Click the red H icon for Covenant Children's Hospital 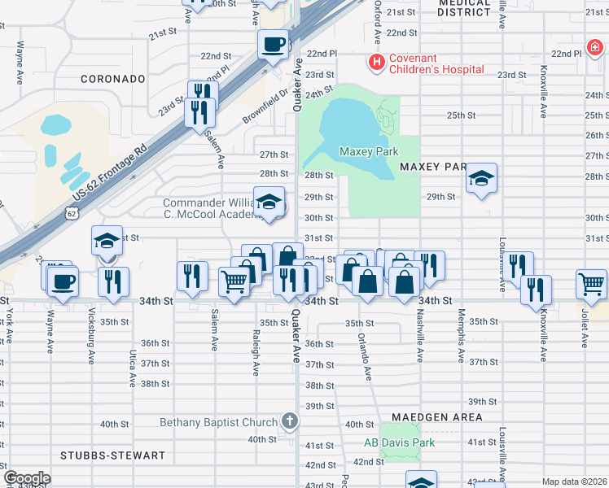coord(376,62)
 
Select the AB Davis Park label coord(399,443)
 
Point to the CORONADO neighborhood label coord(112,79)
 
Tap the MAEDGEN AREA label coord(436,417)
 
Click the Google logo coord(27,478)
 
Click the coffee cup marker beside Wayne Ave coord(62,281)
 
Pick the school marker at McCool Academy coord(267,203)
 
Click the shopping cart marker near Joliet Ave coord(591,284)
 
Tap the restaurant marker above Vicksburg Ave coord(113,281)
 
